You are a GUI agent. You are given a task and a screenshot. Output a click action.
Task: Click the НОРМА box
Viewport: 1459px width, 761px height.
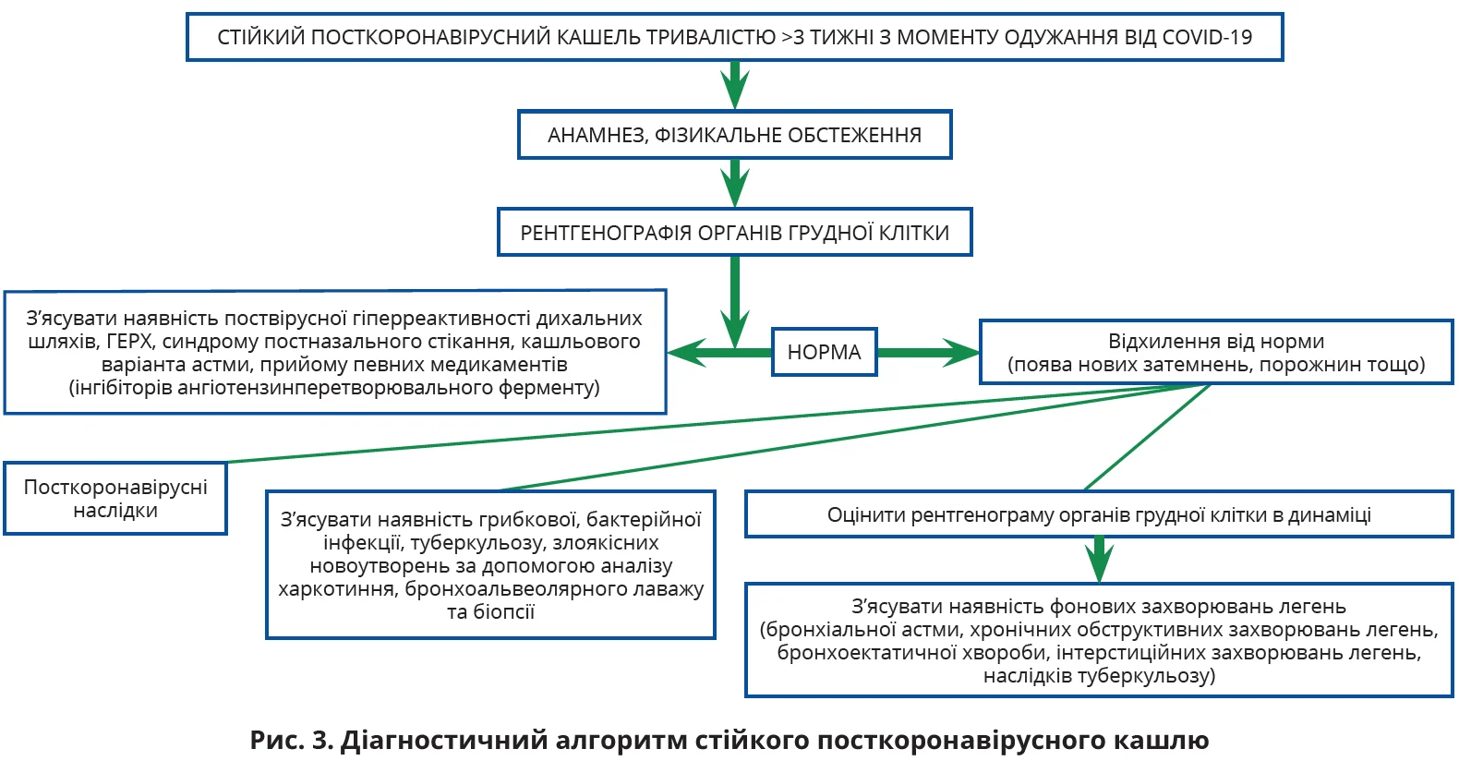[x=824, y=352]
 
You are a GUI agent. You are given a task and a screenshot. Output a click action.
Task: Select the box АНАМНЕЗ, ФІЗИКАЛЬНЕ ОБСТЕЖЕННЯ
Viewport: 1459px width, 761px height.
[x=734, y=135]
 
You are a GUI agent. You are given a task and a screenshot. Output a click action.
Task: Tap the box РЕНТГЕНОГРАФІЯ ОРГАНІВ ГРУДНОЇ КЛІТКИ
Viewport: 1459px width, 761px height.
[x=734, y=232]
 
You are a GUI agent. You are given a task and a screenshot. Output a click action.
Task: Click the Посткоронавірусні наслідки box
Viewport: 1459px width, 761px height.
[x=115, y=499]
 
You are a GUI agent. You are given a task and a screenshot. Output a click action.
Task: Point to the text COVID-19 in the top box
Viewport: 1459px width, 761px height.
[x=1207, y=38]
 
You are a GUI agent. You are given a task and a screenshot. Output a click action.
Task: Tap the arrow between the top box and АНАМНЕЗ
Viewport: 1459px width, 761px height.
[x=734, y=86]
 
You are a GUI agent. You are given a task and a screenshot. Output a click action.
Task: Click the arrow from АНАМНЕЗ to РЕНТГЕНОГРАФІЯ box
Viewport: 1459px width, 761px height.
[x=734, y=183]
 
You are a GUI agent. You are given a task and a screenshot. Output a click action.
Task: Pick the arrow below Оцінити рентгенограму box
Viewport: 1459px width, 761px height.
[x=1099, y=560]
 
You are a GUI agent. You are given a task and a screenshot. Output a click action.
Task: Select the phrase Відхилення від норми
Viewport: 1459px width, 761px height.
[x=1216, y=342]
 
